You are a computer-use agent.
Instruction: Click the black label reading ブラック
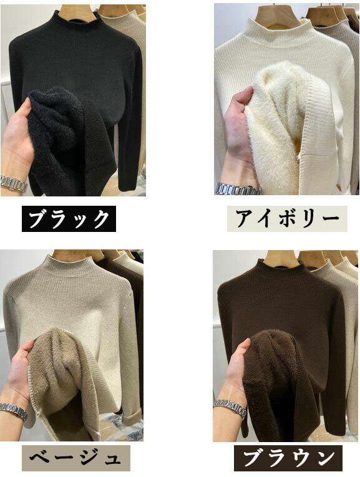coord(69,219)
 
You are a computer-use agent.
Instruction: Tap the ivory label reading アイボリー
coord(287,219)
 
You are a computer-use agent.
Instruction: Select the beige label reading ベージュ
coord(75,458)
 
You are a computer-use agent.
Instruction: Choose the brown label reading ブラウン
coord(288,458)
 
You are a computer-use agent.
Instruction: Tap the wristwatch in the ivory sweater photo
coord(238,189)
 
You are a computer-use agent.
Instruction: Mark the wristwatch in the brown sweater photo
coord(230,408)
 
